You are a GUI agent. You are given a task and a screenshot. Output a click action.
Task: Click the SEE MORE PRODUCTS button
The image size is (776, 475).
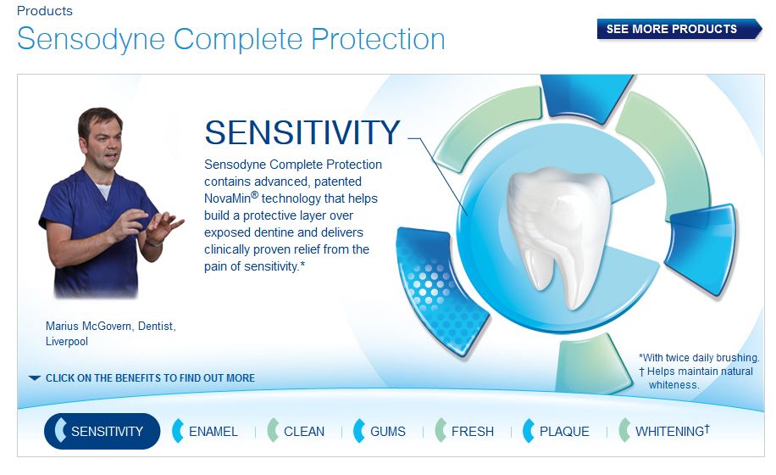[x=679, y=29]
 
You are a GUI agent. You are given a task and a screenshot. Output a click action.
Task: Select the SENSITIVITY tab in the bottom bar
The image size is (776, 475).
[x=102, y=431]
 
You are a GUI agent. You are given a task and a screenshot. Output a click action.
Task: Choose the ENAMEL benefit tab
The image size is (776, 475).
[x=205, y=431]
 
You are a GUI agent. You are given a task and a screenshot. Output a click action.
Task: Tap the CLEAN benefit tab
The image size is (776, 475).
[x=296, y=431]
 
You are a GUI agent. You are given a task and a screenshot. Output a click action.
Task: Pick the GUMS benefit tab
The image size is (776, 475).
[x=380, y=431]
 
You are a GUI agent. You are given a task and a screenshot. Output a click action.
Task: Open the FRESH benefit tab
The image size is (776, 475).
[x=464, y=431]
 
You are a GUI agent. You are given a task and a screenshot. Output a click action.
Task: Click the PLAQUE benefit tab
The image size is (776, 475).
[x=557, y=431]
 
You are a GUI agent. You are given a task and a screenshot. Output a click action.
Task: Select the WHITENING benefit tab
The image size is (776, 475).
[x=665, y=431]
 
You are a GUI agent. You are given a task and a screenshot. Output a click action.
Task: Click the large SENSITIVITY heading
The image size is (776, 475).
[x=302, y=132]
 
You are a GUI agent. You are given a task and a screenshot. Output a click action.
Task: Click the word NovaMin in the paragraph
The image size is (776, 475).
[x=228, y=198]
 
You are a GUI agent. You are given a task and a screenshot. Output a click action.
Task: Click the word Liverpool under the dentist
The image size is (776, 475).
[x=67, y=341]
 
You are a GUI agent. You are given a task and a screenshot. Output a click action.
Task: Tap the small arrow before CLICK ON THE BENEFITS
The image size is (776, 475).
[x=35, y=378]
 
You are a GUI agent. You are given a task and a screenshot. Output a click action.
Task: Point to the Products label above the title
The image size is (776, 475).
[x=45, y=11]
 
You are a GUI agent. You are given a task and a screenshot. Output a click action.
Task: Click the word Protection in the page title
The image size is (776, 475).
[x=378, y=39]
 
